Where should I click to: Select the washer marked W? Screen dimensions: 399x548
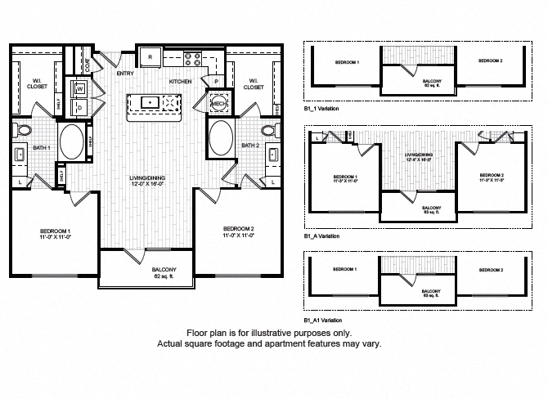[x=80, y=87]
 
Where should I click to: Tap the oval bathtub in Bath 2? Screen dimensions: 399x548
[x=221, y=139]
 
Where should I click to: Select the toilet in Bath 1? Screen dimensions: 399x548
[x=24, y=130]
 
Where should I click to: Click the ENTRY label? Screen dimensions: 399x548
[x=125, y=74]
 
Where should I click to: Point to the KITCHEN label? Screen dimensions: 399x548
[x=180, y=83]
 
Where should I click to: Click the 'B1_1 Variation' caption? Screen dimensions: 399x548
[x=321, y=108]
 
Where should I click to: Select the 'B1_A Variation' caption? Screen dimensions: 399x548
[x=321, y=235]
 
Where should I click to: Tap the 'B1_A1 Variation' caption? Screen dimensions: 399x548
[x=323, y=319]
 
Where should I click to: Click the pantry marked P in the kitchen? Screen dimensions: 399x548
[x=215, y=82]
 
